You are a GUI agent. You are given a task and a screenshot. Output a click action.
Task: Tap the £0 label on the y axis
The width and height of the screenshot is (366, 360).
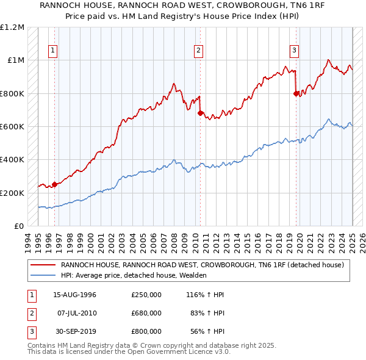(19, 226)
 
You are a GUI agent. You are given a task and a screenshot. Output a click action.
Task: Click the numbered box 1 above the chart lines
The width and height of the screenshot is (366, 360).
(54, 51)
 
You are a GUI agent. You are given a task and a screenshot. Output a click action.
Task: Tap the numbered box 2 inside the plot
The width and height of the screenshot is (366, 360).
(199, 51)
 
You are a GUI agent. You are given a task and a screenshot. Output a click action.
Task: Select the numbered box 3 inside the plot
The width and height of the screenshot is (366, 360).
(294, 51)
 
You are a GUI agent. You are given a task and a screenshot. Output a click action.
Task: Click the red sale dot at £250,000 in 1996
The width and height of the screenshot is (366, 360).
(54, 184)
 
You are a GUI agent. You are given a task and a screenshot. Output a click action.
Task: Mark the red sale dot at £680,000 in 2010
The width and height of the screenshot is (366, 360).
(199, 113)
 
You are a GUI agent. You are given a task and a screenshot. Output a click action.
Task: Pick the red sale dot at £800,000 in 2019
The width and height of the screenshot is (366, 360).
(296, 93)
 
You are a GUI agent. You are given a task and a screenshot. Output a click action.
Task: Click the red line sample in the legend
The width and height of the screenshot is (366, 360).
(43, 265)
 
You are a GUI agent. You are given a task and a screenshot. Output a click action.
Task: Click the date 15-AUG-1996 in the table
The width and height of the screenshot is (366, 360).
(75, 295)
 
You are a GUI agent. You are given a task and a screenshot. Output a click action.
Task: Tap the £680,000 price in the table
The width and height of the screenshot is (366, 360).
(146, 313)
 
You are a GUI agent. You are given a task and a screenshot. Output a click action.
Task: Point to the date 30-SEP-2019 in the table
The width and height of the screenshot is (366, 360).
(75, 331)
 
